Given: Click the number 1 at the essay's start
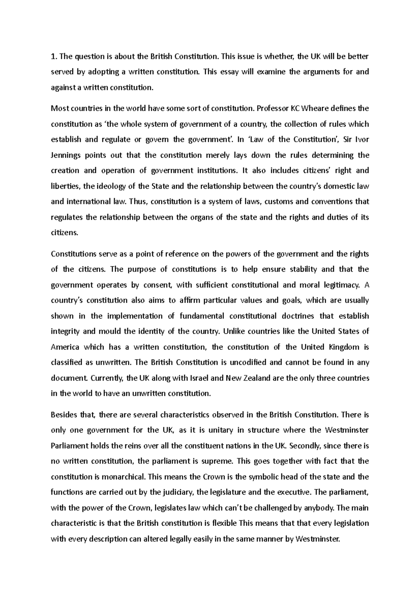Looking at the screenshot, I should pos(53,56).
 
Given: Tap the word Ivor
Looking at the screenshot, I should pos(362,139).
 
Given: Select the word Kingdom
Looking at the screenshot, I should pos(343,347).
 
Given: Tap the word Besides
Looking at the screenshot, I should pos(64,415).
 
